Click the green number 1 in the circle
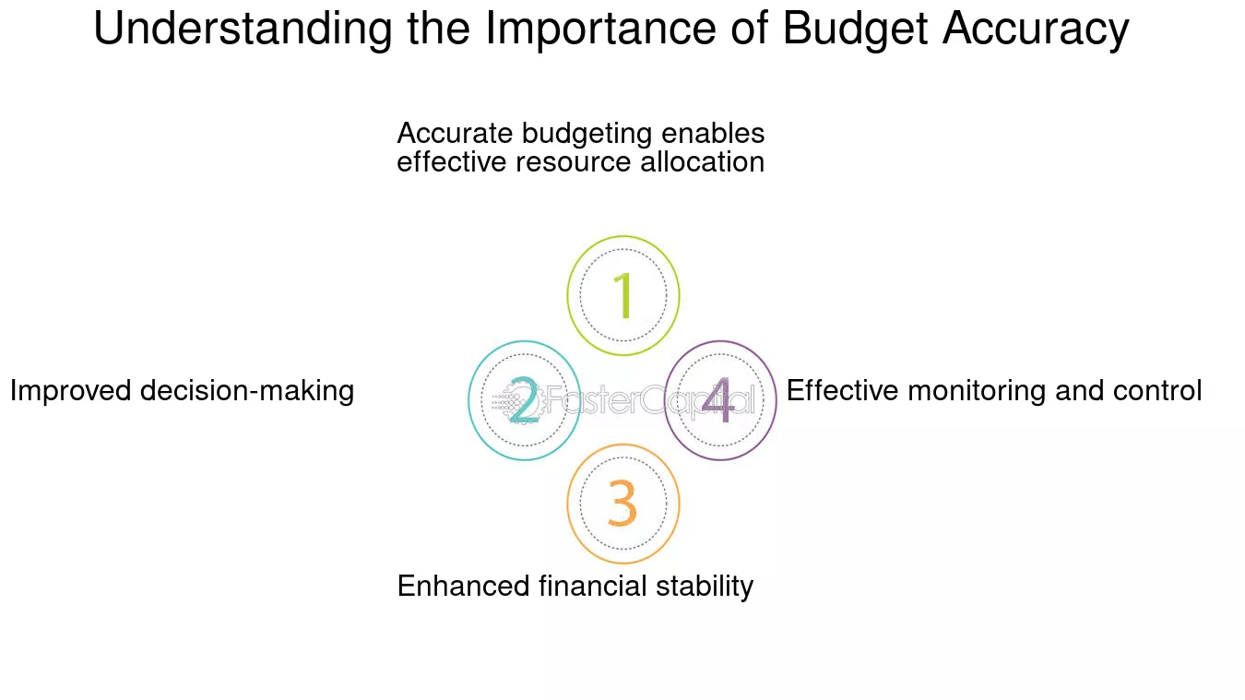click(623, 295)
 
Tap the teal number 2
click(523, 400)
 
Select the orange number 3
click(622, 504)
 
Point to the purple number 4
click(718, 400)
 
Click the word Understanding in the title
click(243, 30)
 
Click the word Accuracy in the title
click(1035, 30)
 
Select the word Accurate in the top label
click(456, 134)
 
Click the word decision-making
click(247, 391)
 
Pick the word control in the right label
click(1156, 391)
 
